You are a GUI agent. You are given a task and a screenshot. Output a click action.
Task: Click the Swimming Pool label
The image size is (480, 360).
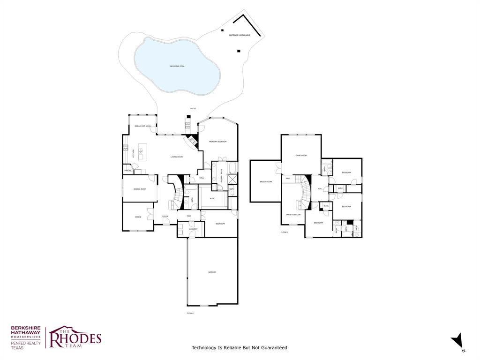pos(177,66)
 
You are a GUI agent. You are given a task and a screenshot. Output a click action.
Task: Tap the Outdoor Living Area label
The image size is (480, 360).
pos(239,35)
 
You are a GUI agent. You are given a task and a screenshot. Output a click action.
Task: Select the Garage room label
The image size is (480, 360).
pos(212,272)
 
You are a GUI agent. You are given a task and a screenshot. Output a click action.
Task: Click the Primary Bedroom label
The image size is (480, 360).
pos(218,142)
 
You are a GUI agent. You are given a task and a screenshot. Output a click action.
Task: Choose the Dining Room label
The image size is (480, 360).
pos(140,189)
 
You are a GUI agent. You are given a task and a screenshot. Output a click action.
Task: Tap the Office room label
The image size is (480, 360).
pos(138,217)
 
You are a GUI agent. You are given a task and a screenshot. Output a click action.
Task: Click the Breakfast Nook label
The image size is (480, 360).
pos(142,126)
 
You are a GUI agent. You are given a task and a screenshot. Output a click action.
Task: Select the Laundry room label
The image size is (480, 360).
pos(193,229)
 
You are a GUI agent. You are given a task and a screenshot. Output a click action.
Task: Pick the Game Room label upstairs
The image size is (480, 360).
pos(300,155)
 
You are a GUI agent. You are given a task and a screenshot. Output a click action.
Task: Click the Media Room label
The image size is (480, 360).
pos(266,181)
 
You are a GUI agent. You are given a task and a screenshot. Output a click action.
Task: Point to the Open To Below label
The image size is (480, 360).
pos(293,214)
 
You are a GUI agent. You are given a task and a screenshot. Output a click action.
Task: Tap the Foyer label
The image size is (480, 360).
pos(165,217)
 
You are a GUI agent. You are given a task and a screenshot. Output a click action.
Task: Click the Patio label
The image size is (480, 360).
pos(193,109)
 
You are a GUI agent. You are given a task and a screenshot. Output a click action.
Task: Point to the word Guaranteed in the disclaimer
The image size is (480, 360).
pos(273,347)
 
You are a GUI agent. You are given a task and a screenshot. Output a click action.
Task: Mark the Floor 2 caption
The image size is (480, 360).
pos(285,232)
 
